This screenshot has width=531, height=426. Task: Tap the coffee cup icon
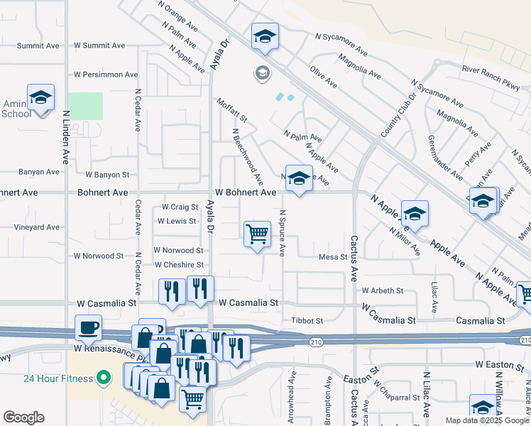pyautogui.click(x=88, y=327)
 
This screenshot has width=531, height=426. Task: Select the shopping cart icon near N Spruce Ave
pyautogui.click(x=257, y=234)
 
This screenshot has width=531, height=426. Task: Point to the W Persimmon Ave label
pyautogui.click(x=106, y=74)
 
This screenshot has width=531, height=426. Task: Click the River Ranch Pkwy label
pyautogui.click(x=491, y=69)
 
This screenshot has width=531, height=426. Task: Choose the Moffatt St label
pyautogui.click(x=232, y=110)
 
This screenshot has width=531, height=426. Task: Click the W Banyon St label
pyautogui.click(x=107, y=174)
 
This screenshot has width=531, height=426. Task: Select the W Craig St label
pyautogui.click(x=179, y=207)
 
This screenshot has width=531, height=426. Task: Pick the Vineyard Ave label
pyautogui.click(x=37, y=227)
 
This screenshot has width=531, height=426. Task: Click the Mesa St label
pyautogui.click(x=332, y=257)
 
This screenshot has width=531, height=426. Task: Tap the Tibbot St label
pyautogui.click(x=307, y=321)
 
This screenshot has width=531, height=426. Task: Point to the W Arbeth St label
pyautogui.click(x=382, y=290)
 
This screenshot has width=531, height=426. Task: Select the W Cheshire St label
pyautogui.click(x=180, y=265)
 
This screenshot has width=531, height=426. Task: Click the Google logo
pyautogui.click(x=23, y=417)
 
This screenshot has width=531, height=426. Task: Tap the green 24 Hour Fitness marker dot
pyautogui.click(x=104, y=376)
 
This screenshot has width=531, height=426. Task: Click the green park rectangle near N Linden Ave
pyautogui.click(x=85, y=106)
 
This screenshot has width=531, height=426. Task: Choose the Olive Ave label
pyautogui.click(x=323, y=77)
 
